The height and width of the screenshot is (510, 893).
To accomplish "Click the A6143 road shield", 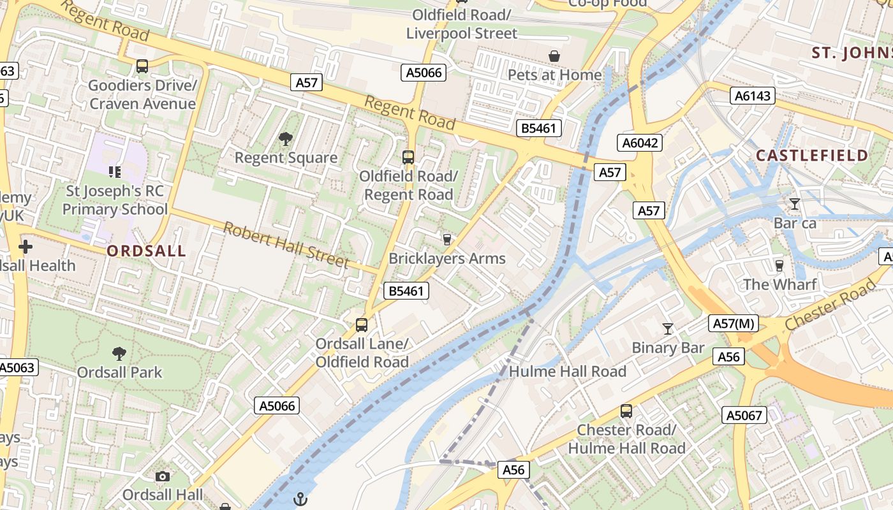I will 753,96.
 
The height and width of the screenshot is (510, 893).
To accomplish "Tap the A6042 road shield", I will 640,143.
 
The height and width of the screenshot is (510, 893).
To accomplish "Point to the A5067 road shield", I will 744,416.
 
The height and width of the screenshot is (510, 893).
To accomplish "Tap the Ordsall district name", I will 146,251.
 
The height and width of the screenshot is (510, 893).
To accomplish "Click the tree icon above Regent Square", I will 286,138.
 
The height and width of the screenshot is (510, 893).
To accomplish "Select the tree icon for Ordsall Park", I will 119,353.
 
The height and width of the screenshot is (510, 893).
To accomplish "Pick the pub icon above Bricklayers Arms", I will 447,239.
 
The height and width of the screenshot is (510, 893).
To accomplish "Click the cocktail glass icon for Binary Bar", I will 668,329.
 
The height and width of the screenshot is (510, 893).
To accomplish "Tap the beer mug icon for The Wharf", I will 779,265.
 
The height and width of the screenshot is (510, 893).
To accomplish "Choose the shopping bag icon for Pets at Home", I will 554,56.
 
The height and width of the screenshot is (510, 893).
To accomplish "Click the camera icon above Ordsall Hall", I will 163,476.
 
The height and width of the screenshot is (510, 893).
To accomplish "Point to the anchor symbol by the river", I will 300,499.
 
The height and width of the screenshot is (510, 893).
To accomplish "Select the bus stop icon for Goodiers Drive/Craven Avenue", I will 142,66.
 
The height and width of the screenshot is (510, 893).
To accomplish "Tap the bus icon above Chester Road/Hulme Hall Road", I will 626,411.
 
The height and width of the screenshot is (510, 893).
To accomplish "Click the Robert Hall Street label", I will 286,245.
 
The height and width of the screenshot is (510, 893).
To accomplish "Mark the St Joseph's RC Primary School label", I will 115,200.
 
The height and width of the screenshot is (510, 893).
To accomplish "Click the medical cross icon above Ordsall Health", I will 26,247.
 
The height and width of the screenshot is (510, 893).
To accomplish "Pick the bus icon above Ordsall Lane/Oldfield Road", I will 362,325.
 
